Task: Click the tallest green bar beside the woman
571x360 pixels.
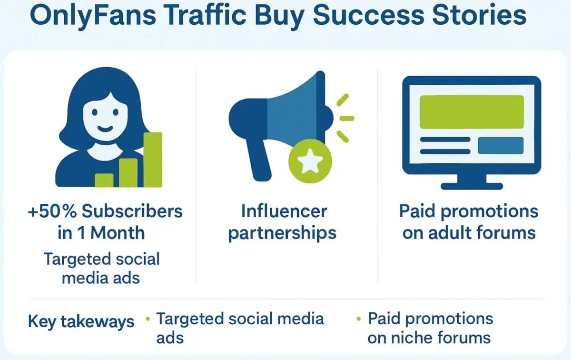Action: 153,160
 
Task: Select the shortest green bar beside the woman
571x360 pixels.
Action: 104,180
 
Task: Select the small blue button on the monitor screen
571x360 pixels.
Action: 500,145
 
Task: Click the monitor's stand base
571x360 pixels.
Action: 472,186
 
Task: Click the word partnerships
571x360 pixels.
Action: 283,233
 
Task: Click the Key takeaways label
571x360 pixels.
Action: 81,321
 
